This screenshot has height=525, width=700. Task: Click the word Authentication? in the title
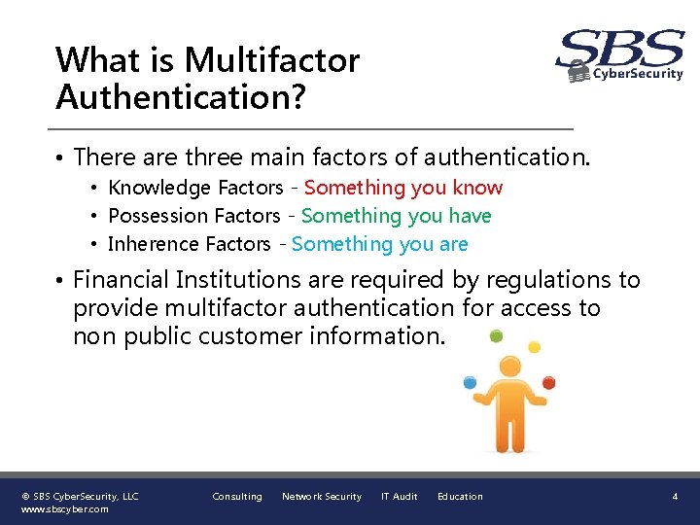pos(179,97)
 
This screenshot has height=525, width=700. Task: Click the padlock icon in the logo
pos(578,72)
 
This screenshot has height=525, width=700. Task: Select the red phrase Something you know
pos(403,188)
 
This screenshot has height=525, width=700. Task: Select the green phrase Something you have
pos(397,216)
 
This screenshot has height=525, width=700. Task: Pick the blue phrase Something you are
pos(380,244)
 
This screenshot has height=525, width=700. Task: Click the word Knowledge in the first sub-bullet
pos(159,188)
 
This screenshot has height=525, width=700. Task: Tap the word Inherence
pos(151,244)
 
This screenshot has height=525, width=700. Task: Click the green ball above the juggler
pos(496,336)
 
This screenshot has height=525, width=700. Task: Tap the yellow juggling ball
pos(534,347)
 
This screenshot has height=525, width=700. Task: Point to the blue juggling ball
pos(471,382)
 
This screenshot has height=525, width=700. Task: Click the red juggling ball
pos(548,382)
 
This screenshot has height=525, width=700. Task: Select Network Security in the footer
pos(321,497)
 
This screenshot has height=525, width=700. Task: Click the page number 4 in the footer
pos(675,497)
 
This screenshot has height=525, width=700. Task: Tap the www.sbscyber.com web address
pos(64,508)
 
